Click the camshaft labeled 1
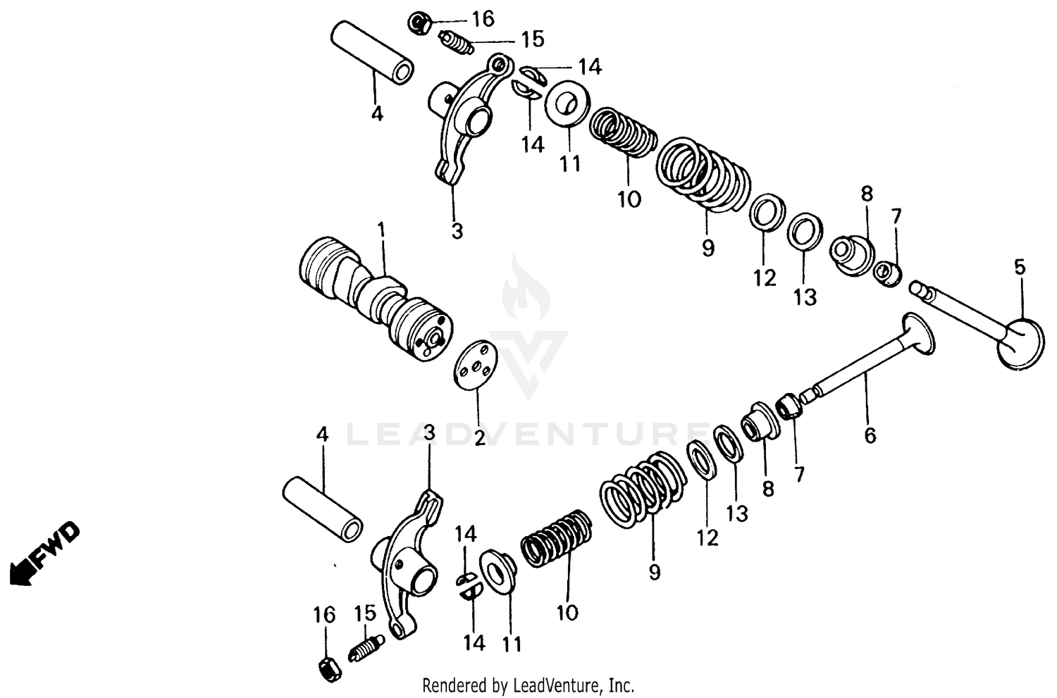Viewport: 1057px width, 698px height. point(373,299)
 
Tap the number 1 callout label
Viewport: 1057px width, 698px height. point(381,230)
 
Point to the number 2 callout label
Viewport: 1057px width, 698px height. point(480,438)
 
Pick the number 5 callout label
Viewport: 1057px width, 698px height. point(1020,268)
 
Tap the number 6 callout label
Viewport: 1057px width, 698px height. point(870,436)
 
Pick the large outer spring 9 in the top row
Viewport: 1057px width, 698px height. point(701,173)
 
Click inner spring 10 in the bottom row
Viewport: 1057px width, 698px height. point(557,539)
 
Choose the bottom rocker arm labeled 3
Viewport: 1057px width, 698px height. point(409,563)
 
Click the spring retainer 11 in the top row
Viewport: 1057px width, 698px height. point(565,104)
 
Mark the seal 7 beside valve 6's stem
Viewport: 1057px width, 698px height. point(789,406)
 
